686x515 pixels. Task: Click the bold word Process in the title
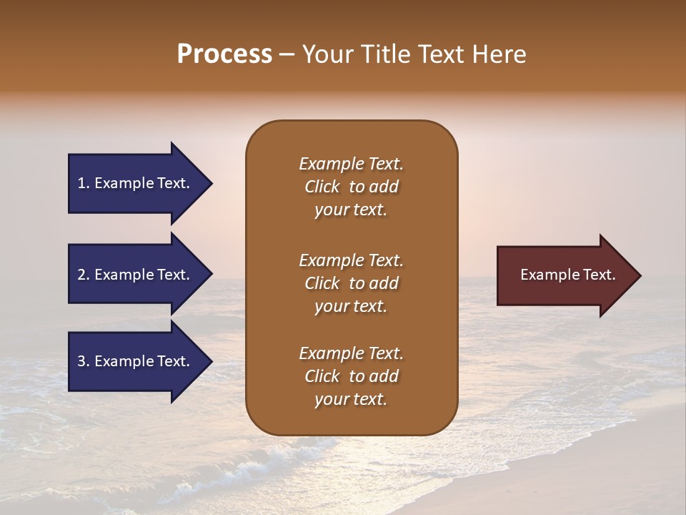pos(224,54)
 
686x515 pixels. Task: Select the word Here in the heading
pos(501,54)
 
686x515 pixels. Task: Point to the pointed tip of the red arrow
pos(639,275)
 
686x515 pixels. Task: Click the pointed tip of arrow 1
pos(210,184)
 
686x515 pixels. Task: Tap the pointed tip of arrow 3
pos(210,361)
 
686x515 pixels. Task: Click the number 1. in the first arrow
pos(84,184)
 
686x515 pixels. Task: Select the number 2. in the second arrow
pos(84,275)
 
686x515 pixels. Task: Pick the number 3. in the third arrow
pos(84,361)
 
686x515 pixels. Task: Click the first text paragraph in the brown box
pos(351,187)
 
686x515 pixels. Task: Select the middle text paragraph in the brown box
pos(351,283)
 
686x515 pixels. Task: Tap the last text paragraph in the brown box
pos(351,376)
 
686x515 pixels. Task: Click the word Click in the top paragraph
pos(322,187)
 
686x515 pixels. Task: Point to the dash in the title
pos(287,55)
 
